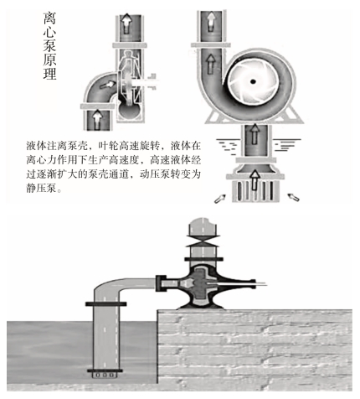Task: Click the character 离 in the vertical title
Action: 49,18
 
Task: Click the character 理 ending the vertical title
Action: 49,73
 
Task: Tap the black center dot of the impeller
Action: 253,81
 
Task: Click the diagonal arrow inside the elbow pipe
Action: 107,85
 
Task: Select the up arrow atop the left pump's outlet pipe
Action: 127,23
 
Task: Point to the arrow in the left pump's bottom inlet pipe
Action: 97,120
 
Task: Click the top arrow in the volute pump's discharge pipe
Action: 211,21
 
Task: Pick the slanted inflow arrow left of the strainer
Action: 219,198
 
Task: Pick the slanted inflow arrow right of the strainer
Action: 293,197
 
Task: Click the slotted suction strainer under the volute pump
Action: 255,190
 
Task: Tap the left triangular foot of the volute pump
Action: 214,117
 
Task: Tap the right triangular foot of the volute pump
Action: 293,116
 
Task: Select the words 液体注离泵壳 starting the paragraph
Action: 57,145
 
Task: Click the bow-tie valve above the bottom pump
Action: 203,240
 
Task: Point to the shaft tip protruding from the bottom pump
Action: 262,285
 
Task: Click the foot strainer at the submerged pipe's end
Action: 105,375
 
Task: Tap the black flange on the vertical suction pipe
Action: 105,303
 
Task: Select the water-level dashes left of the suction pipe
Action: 227,145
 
